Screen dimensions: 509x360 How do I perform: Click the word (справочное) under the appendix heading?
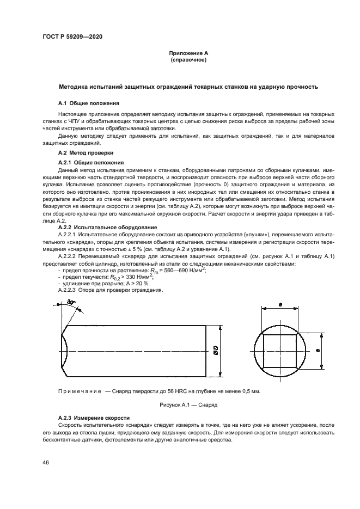tap(188, 60)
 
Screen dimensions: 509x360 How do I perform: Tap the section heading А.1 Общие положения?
tap(89, 103)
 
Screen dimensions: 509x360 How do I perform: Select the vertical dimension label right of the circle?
tap(317, 350)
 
